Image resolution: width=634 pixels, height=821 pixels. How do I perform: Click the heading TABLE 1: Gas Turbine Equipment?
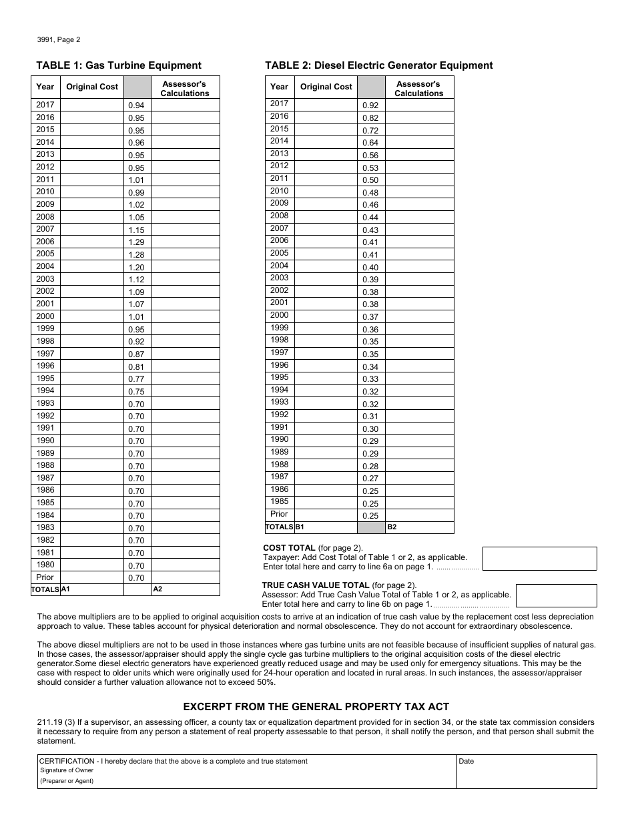pyautogui.click(x=118, y=65)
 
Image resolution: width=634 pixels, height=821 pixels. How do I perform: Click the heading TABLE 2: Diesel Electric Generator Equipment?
pyautogui.click(x=378, y=65)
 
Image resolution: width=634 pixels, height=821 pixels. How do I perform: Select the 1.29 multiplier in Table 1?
pyautogui.click(x=136, y=242)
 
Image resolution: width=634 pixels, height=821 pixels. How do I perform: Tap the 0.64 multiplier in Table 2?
pyautogui.click(x=370, y=143)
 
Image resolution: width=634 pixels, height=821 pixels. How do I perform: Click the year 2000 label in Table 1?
pyautogui.click(x=45, y=316)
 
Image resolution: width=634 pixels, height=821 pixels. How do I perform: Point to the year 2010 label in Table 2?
pyautogui.click(x=279, y=191)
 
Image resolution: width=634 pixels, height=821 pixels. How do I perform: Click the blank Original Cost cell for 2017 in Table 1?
pyautogui.click(x=91, y=105)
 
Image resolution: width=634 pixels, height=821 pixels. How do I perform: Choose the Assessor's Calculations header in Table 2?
pyautogui.click(x=418, y=89)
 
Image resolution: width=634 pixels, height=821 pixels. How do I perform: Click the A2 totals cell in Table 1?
pyautogui.click(x=186, y=589)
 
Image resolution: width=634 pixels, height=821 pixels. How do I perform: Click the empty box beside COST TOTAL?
pyautogui.click(x=539, y=559)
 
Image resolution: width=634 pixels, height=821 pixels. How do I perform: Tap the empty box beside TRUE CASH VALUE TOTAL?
pyautogui.click(x=556, y=595)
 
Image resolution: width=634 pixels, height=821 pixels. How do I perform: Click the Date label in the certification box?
pyautogui.click(x=466, y=761)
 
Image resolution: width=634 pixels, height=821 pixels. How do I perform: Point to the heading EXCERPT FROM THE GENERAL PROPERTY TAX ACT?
pyautogui.click(x=316, y=706)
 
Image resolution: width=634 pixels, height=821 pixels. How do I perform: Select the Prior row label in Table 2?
pyautogui.click(x=279, y=514)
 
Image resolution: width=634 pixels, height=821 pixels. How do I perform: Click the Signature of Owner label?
pyautogui.click(x=66, y=770)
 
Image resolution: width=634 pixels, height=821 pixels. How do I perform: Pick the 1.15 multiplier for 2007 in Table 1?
pyautogui.click(x=136, y=230)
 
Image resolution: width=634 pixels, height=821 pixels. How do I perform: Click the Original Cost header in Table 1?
pyautogui.click(x=91, y=87)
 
